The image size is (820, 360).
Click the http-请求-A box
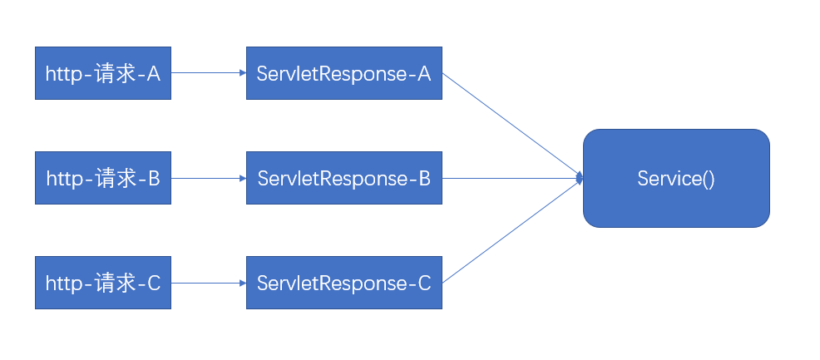pyautogui.click(x=102, y=73)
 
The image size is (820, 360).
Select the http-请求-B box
pyautogui.click(x=102, y=178)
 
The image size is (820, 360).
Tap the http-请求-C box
pyautogui.click(x=102, y=284)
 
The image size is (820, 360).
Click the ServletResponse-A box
pyautogui.click(x=343, y=73)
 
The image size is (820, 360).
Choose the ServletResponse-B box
pyautogui.click(x=343, y=178)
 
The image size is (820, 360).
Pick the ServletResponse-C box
pyautogui.click(x=343, y=284)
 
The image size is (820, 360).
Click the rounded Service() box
pyautogui.click(x=675, y=178)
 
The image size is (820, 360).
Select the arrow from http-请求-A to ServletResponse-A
pyautogui.click(x=208, y=73)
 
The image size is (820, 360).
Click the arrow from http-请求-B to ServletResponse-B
pyautogui.click(x=208, y=178)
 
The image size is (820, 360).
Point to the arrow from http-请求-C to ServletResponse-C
pyautogui.click(x=208, y=284)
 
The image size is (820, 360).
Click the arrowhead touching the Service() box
pyautogui.click(x=579, y=178)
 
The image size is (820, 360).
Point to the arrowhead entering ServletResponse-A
pyautogui.click(x=243, y=73)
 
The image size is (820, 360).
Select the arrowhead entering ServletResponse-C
pyautogui.click(x=243, y=284)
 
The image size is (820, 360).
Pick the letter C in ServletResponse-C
pyautogui.click(x=422, y=284)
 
